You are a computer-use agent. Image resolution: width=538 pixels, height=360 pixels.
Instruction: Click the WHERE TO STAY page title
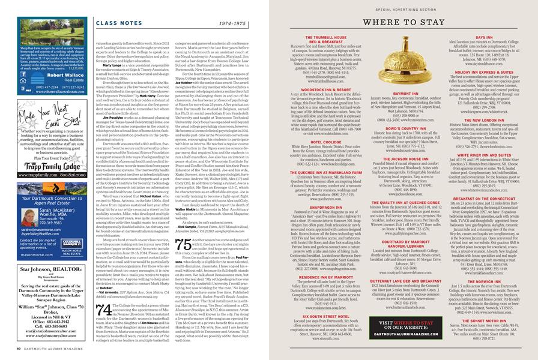point(412,23)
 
